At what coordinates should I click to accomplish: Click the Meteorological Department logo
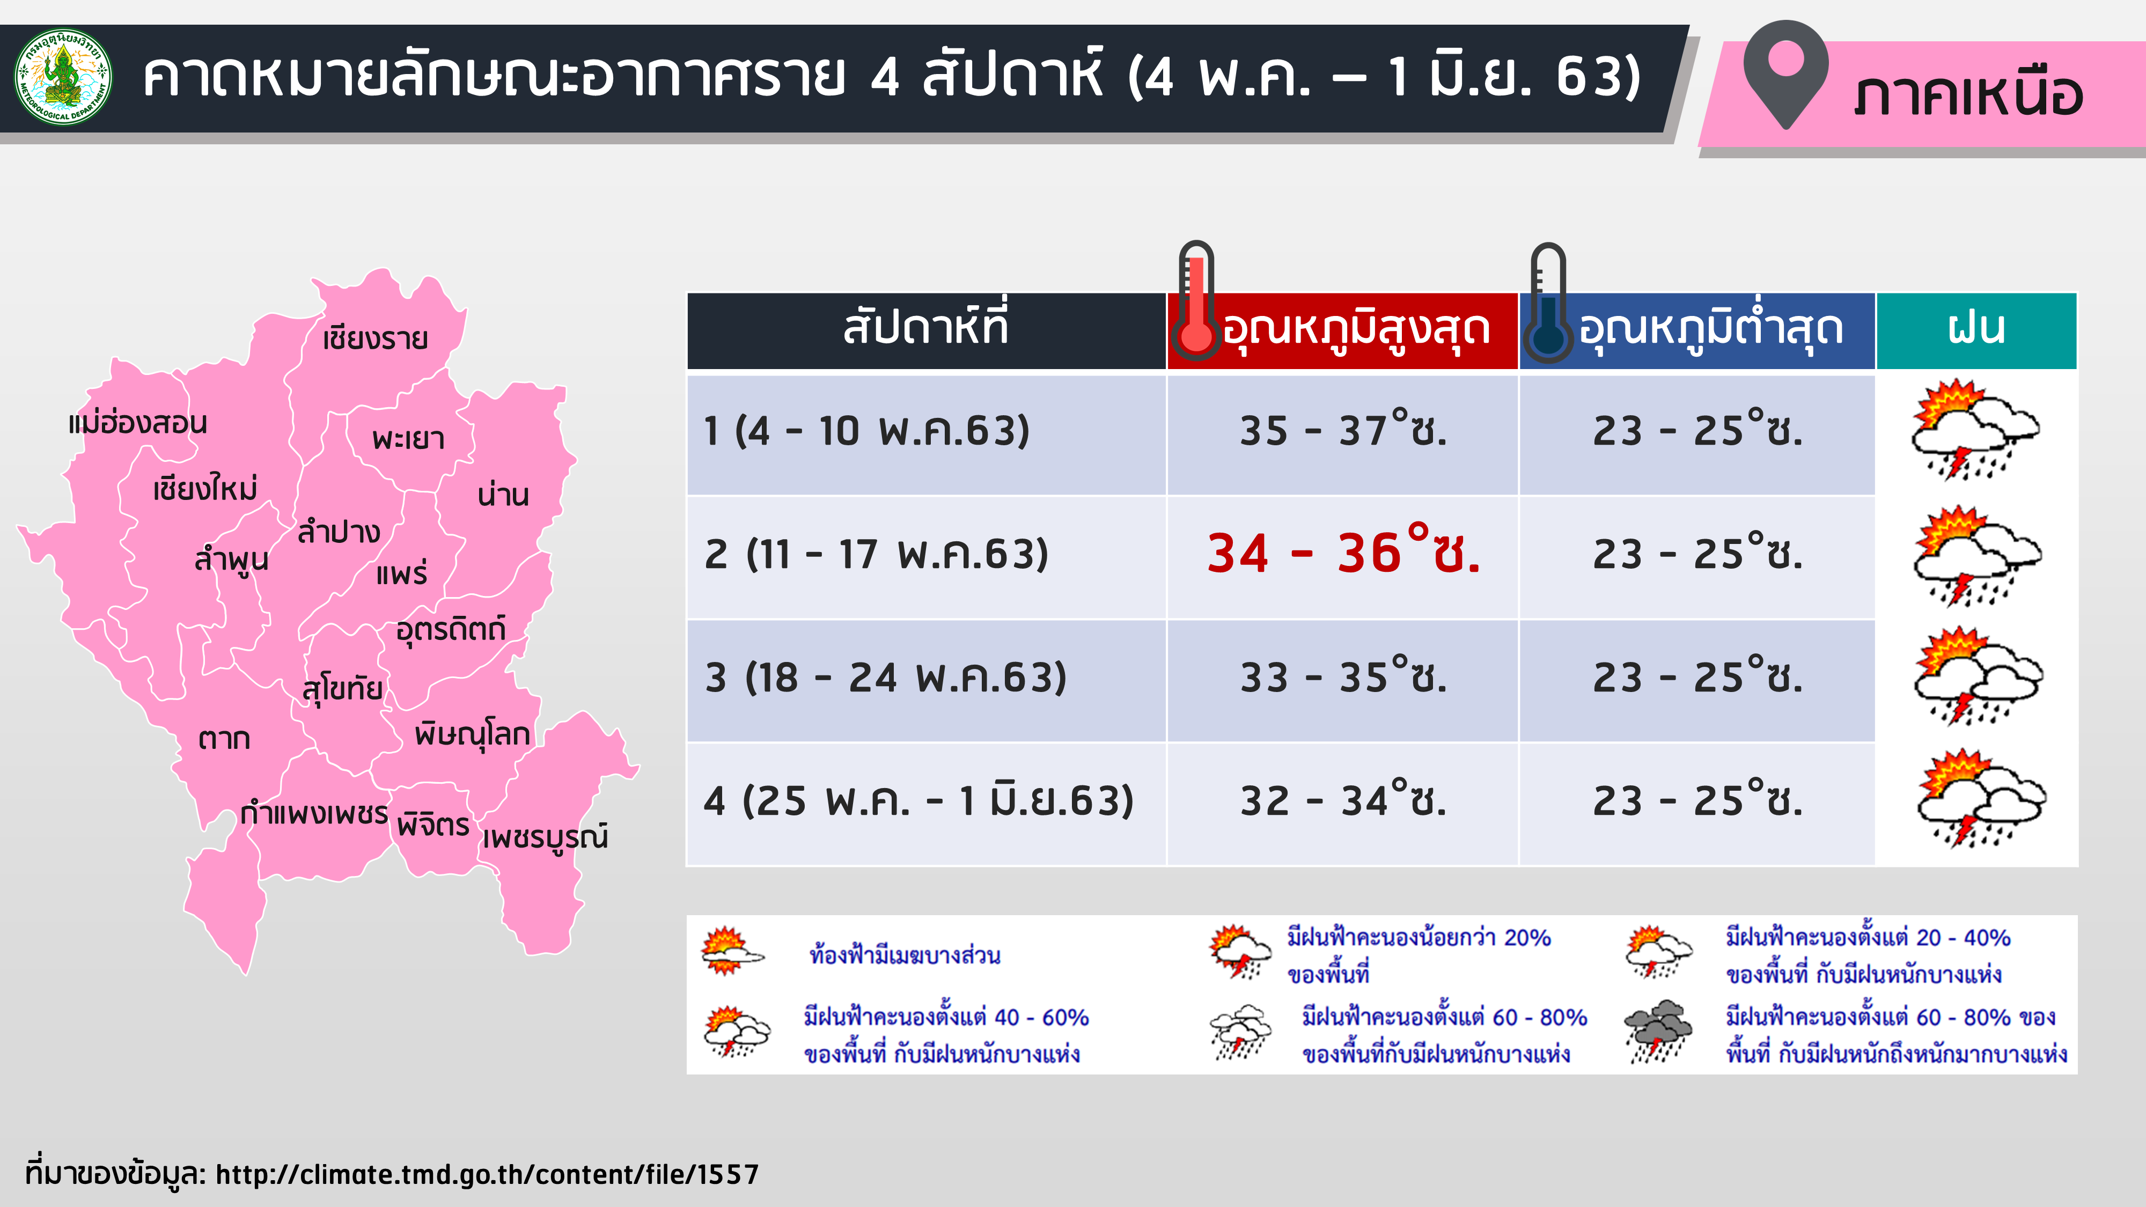(x=63, y=77)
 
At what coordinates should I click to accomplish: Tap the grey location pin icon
(x=1785, y=73)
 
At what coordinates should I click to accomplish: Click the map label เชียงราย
(x=375, y=338)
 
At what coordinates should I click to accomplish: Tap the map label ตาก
(x=224, y=739)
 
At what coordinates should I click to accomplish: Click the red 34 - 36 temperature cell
(x=1343, y=553)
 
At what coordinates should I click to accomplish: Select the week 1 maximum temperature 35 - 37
(x=1343, y=430)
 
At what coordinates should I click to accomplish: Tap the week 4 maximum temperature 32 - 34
(x=1343, y=800)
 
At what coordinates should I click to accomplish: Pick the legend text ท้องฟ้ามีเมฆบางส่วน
(x=905, y=955)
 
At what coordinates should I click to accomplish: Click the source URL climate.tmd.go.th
(x=487, y=1174)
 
